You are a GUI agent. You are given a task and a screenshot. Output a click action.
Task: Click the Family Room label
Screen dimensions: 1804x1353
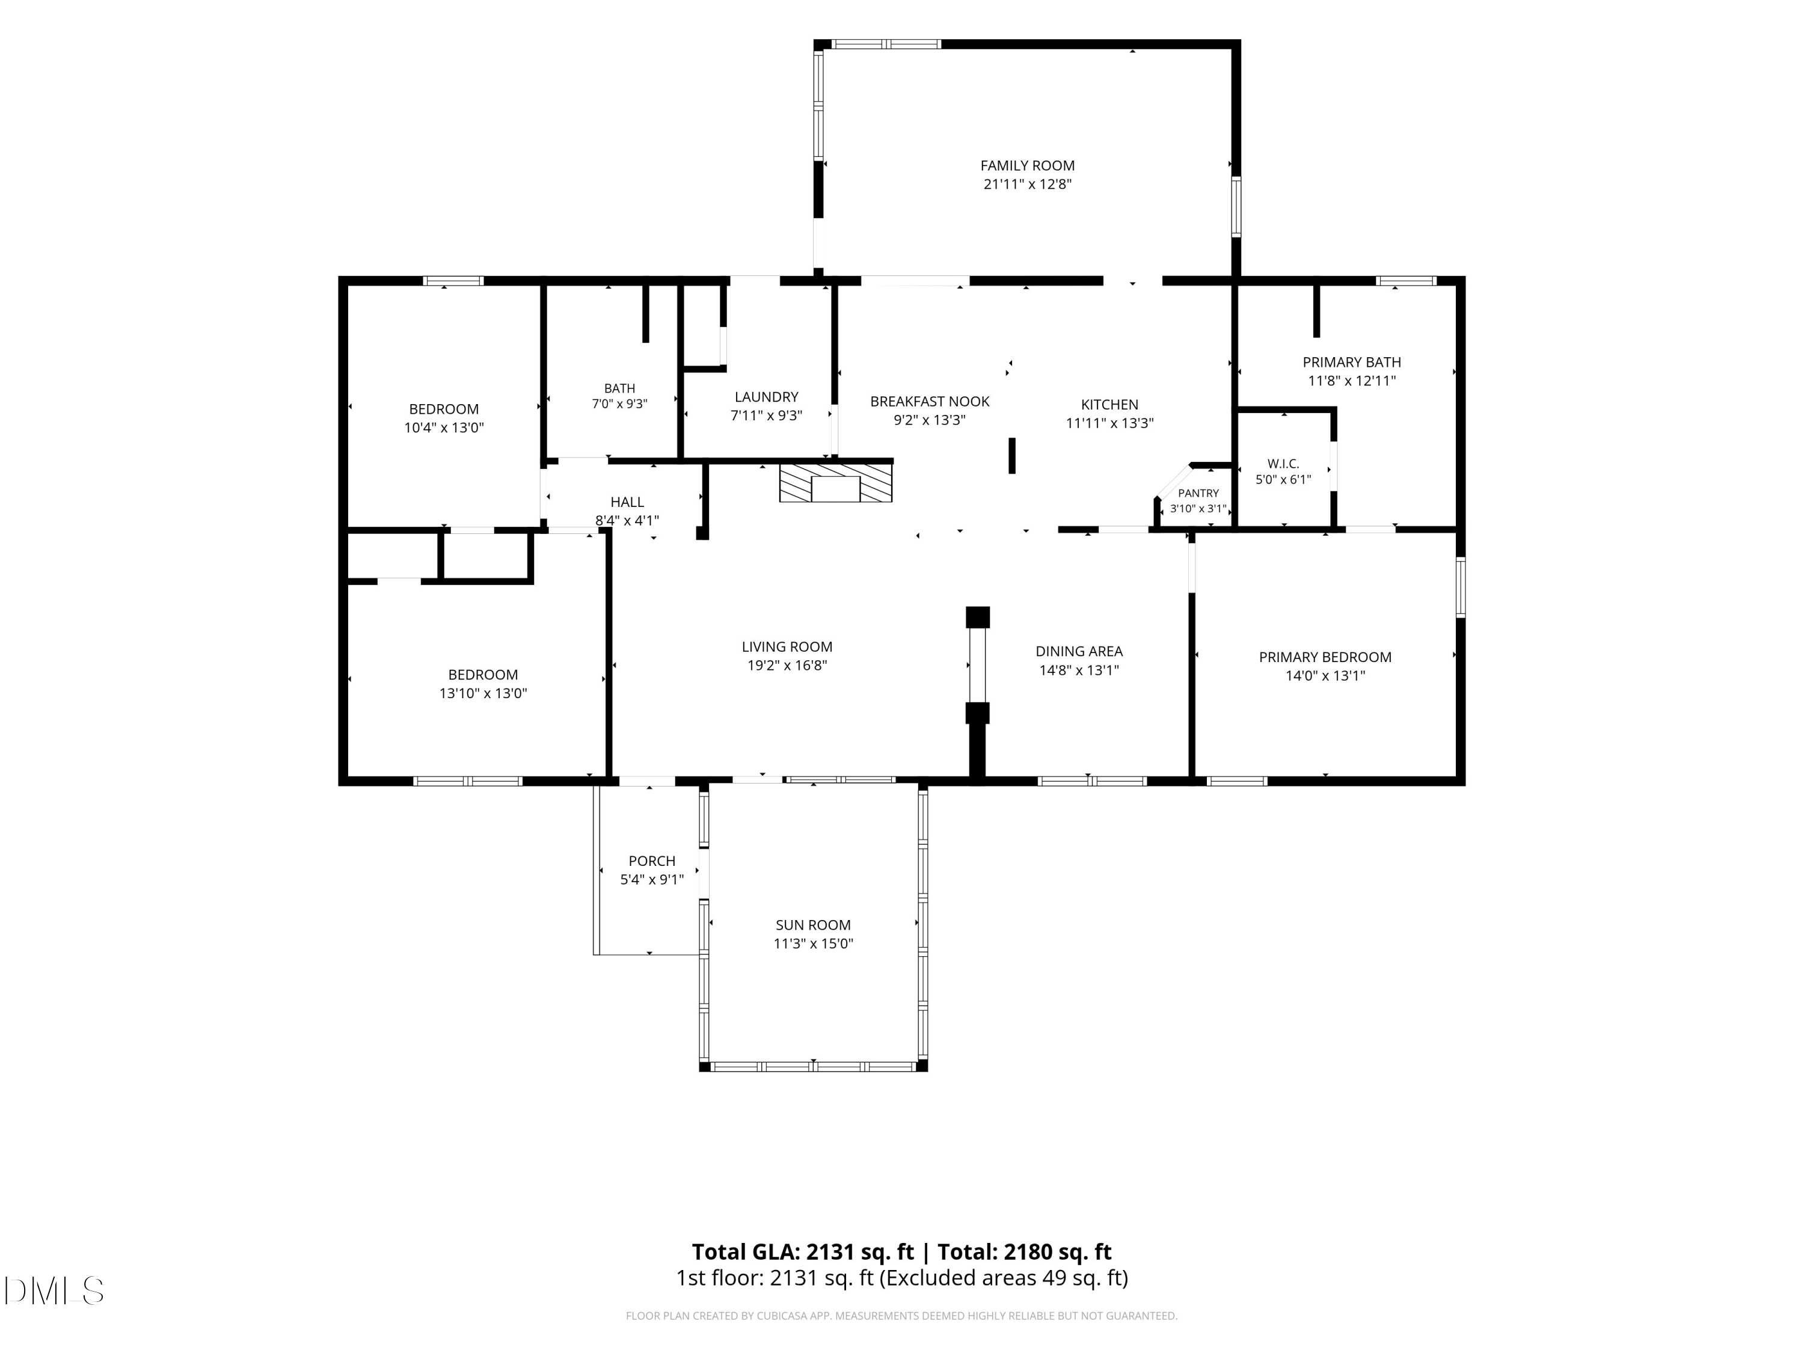tap(1027, 165)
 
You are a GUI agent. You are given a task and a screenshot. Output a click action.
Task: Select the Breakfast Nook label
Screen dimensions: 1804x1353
tap(930, 401)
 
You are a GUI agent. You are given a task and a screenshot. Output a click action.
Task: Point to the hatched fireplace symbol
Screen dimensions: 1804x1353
tap(836, 483)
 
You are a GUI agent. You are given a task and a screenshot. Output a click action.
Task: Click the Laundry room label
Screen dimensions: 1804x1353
tap(766, 397)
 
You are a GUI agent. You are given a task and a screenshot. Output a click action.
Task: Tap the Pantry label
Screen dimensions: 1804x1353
tap(1198, 494)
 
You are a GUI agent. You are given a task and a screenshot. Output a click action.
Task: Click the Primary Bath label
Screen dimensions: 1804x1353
tap(1351, 362)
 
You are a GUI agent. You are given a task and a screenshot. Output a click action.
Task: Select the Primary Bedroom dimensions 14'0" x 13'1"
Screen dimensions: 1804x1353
tap(1325, 675)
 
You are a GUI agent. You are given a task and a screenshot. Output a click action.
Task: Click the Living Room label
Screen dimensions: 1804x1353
tap(787, 646)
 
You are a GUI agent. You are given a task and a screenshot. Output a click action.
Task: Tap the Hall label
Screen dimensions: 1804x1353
tap(627, 502)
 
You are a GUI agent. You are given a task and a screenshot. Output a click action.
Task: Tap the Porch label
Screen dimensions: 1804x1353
tap(652, 861)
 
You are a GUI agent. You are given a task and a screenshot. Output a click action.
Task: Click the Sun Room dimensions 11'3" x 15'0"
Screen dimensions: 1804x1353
tap(813, 943)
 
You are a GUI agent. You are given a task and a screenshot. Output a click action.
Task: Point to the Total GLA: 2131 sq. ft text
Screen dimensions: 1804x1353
tap(803, 1252)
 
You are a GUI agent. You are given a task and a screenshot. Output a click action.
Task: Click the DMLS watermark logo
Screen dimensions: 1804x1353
tap(54, 1290)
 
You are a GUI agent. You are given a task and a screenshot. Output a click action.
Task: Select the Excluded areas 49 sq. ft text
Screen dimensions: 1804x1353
tap(1007, 1278)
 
